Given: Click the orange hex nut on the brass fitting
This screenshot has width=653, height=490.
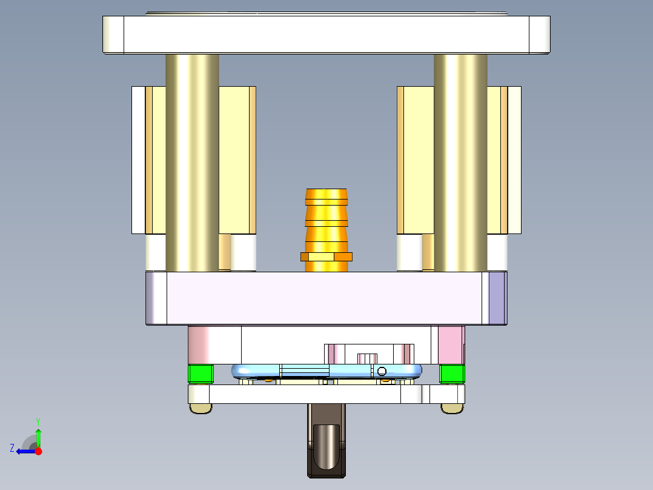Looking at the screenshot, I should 326,257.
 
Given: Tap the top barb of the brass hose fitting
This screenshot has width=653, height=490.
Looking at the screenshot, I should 326,196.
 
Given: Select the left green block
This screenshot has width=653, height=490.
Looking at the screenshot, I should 201,374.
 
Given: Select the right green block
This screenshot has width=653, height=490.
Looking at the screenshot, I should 451,374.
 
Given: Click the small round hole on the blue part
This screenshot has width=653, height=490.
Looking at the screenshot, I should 381,371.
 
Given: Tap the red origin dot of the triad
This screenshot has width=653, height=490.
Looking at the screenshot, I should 38,451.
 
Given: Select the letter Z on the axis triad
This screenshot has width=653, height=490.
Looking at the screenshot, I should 12,448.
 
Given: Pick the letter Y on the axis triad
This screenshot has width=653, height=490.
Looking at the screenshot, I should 38,421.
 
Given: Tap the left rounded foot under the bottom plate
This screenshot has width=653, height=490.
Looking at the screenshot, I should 201,409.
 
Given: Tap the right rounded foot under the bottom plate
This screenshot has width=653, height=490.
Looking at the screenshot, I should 451,409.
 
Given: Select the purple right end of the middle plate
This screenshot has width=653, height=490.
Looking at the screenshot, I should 497,298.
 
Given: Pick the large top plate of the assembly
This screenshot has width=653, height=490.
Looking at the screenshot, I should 326,34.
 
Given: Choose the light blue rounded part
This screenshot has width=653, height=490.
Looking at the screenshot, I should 254,370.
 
